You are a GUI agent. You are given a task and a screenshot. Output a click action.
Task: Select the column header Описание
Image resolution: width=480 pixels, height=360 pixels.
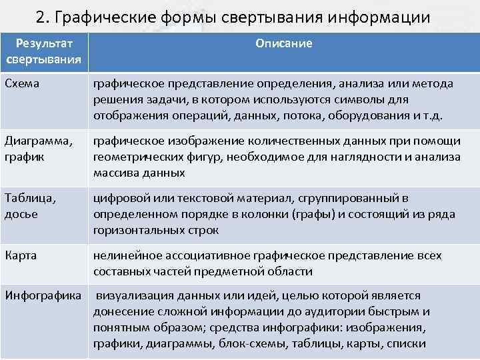[283, 43]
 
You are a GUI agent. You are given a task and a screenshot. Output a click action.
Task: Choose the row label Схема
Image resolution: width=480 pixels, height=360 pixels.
[22, 83]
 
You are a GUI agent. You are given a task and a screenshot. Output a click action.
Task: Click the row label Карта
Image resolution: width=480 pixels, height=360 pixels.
[20, 256]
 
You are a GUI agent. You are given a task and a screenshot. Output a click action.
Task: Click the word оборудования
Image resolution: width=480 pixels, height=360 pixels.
[385, 114]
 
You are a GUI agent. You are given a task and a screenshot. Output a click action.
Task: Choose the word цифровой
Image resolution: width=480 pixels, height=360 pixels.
[120, 199]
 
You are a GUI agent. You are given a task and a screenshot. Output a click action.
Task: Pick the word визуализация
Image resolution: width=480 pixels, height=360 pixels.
[132, 296]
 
